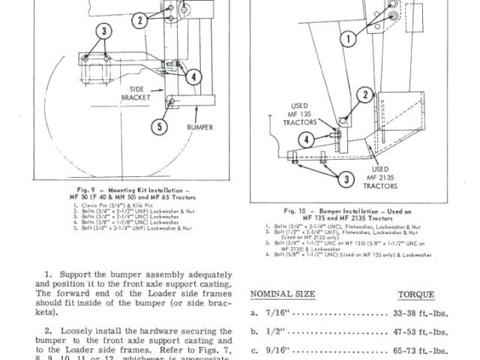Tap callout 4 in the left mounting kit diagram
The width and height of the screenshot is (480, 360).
pos(193,76)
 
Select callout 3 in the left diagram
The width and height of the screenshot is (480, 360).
pos(103,31)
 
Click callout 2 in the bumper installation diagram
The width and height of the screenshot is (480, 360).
pos(365,94)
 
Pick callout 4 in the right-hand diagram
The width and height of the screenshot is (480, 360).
pos(307,139)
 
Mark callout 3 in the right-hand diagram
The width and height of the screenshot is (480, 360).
pos(346,178)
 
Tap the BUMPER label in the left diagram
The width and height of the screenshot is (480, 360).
pos(198,127)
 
